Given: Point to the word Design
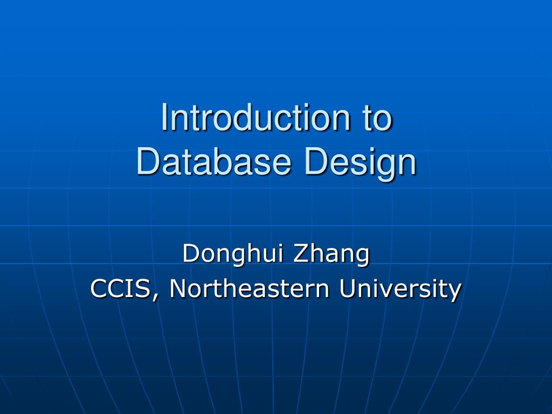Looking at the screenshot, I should (x=360, y=161).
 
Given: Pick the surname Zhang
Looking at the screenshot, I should (x=331, y=253).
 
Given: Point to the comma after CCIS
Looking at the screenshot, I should (x=156, y=295).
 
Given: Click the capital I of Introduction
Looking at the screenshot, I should (x=164, y=118).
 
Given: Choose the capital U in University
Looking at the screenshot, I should (x=347, y=288).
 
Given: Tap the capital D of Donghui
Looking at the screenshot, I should (x=190, y=253).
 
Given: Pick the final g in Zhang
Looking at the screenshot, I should (x=363, y=256).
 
